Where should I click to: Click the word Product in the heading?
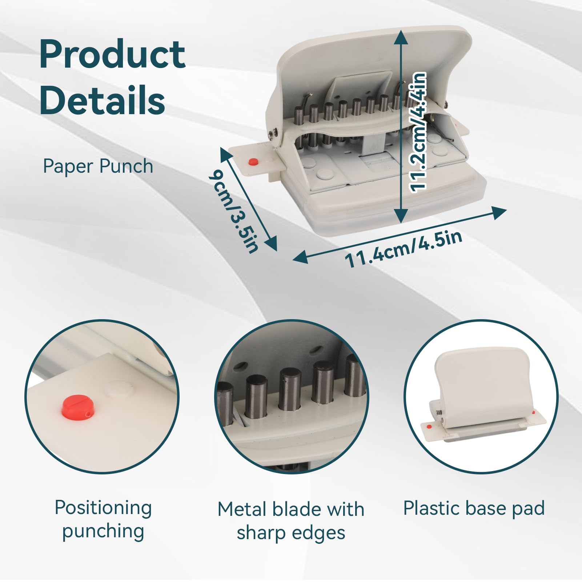click(x=112, y=54)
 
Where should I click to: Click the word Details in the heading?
click(x=103, y=100)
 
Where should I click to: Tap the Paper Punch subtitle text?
click(x=98, y=166)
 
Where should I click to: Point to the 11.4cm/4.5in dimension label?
click(x=404, y=249)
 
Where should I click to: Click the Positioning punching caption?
click(x=103, y=519)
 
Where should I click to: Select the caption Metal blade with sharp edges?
click(x=291, y=521)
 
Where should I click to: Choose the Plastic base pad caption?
click(x=474, y=508)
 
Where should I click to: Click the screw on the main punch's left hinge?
click(x=272, y=135)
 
